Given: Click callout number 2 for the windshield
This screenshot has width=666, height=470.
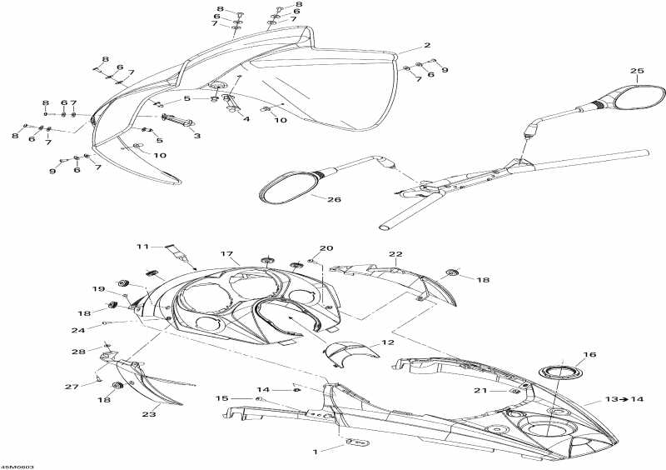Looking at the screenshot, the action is point(426,45).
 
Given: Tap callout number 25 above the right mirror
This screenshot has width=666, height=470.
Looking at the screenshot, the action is point(637,71).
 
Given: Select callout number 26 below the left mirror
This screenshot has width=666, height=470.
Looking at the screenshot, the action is point(335,199).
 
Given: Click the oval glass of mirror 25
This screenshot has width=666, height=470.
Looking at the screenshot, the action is point(639,97).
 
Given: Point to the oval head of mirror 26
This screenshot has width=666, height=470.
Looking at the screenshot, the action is point(289,187).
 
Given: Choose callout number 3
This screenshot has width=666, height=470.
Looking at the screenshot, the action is point(197,136).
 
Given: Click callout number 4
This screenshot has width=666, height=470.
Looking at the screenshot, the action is point(246,119).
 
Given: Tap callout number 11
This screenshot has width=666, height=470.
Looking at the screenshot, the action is point(142,247).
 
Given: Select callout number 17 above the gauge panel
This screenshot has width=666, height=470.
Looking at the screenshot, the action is point(226,254).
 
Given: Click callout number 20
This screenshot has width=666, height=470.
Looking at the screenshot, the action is point(327,248).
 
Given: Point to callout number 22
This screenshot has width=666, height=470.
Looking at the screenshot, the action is point(395,254).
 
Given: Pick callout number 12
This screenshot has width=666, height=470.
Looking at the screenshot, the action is point(388,342).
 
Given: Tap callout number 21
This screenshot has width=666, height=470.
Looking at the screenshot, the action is point(480,391).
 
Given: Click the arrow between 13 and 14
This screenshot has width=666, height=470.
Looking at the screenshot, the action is point(624,399).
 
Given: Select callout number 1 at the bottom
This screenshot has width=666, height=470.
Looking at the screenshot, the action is point(316,452).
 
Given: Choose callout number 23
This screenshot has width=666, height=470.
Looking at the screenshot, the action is point(149,414).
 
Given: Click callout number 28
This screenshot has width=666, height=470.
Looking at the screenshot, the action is point(78,352).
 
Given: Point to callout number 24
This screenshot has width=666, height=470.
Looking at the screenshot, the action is point(78,330).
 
